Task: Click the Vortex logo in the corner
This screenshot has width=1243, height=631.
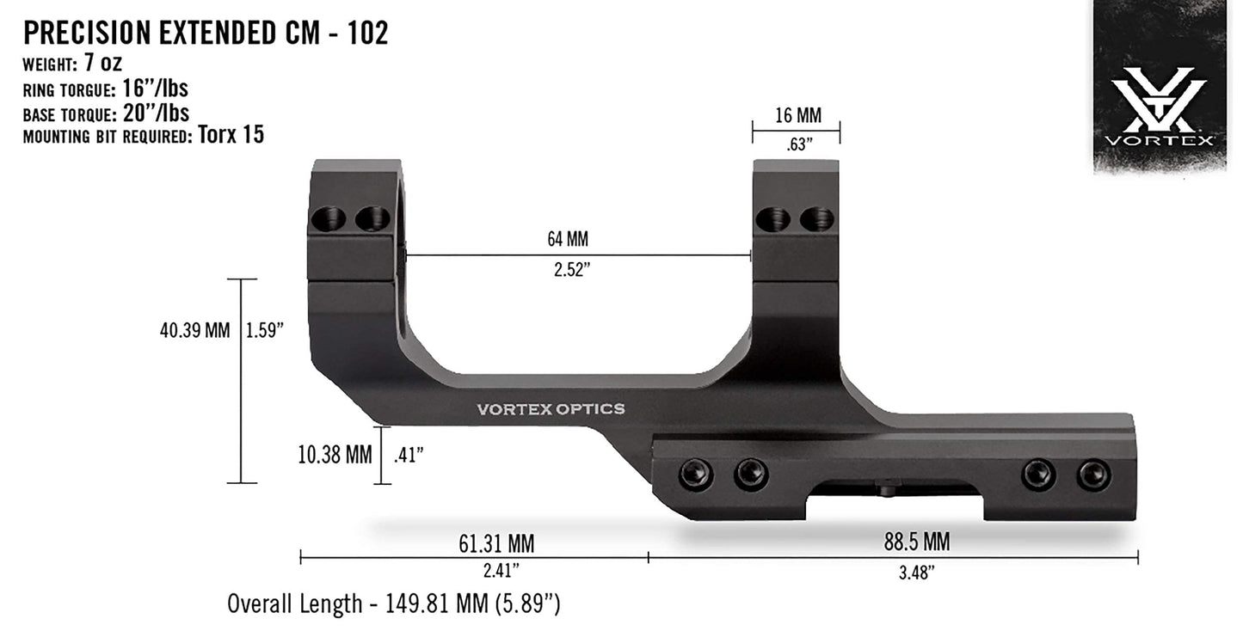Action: pos(1159,107)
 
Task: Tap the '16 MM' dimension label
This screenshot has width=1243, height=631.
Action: pos(797,115)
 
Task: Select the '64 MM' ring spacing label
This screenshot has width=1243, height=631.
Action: pos(568,239)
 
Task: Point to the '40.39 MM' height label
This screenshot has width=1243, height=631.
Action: pos(194,330)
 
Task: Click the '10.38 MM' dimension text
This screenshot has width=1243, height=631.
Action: pos(335,455)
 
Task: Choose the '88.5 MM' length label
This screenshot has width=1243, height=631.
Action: pos(917,542)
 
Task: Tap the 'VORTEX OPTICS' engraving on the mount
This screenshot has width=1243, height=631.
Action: pos(551,409)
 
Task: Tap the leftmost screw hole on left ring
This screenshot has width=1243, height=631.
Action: pos(329,219)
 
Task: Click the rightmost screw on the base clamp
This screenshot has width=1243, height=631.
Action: pos(1094,475)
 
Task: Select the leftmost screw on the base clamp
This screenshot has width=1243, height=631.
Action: pos(696,472)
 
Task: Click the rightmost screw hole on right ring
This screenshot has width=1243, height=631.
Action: pos(816,219)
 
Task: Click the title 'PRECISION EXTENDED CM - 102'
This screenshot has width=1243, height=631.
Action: pos(206,33)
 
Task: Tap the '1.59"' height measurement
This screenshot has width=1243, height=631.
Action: pos(265,330)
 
